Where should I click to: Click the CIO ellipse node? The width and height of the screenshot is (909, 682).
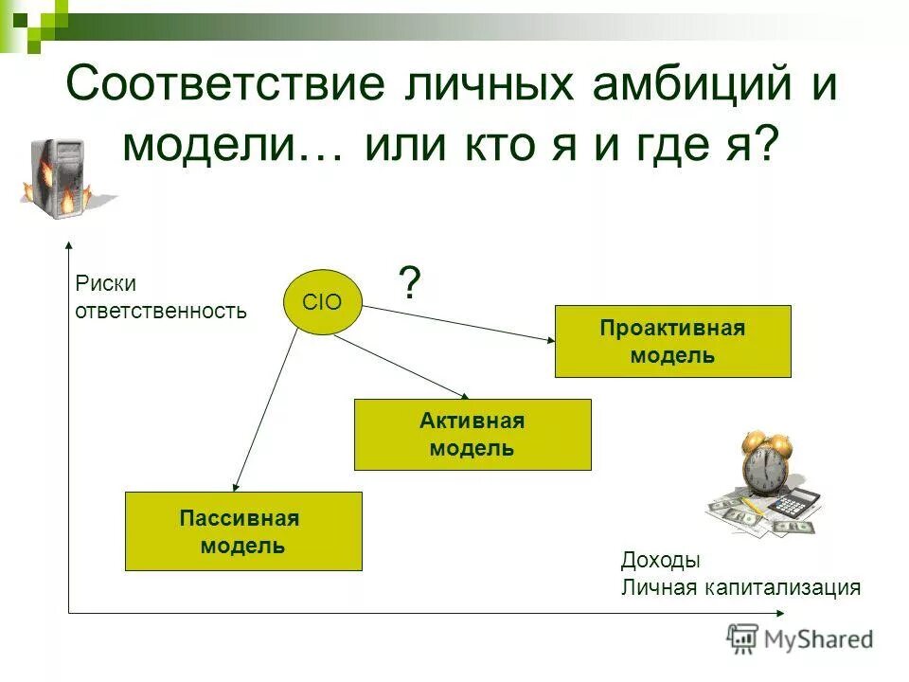326,302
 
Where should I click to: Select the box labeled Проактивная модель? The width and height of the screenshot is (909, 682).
672,342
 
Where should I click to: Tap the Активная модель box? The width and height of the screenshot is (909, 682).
472,435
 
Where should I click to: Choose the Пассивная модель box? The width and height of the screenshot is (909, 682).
243,531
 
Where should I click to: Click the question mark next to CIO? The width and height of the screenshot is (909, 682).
409,283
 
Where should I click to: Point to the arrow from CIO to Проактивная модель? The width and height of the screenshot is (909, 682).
459,324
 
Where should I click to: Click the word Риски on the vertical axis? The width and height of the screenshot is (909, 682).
106,283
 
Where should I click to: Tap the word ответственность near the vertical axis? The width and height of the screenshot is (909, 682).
160,310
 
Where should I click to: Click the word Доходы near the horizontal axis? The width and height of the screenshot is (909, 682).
660,560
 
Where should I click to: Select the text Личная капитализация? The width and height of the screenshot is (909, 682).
740,587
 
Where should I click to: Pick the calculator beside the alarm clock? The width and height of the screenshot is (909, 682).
795,508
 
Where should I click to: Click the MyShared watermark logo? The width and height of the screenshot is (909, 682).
800,639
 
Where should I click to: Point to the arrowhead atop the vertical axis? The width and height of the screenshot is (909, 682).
69,248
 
